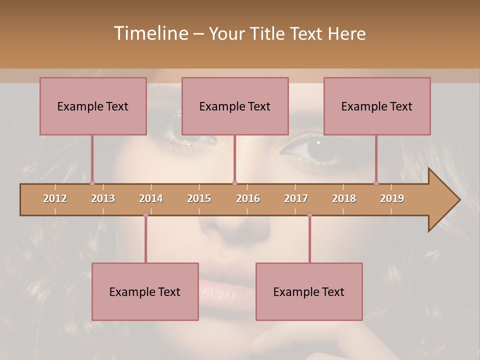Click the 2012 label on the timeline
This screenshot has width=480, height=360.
click(55, 198)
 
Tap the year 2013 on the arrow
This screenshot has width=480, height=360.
click(103, 198)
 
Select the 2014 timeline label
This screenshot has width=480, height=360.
click(151, 198)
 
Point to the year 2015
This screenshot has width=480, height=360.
click(199, 198)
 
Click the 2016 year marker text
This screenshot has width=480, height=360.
click(248, 198)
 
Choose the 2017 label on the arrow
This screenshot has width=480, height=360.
click(296, 198)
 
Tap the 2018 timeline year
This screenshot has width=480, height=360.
click(344, 198)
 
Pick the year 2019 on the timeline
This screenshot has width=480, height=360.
click(392, 198)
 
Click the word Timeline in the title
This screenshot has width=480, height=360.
click(149, 33)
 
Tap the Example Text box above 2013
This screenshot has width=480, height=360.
click(93, 106)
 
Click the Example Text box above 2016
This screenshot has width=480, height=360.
click(235, 106)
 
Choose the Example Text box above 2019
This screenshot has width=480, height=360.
click(377, 106)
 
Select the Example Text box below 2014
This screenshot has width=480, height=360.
click(145, 291)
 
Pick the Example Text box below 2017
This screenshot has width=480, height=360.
click(309, 291)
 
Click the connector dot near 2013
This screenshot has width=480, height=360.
click(92, 183)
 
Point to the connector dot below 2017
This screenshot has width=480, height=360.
click(309, 215)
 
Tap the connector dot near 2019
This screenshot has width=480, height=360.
click(376, 183)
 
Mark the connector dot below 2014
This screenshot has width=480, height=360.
click(145, 215)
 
